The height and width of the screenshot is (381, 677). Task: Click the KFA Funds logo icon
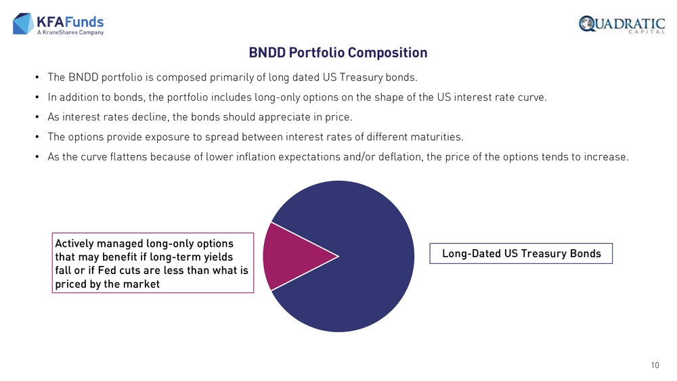23,23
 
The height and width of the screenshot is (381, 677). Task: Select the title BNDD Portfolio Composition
338,53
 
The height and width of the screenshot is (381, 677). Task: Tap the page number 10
655,365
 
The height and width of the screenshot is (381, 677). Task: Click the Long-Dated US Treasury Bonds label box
521,254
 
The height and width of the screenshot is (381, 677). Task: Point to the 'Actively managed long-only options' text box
152,263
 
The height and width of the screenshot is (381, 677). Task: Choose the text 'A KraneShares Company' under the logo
70,32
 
